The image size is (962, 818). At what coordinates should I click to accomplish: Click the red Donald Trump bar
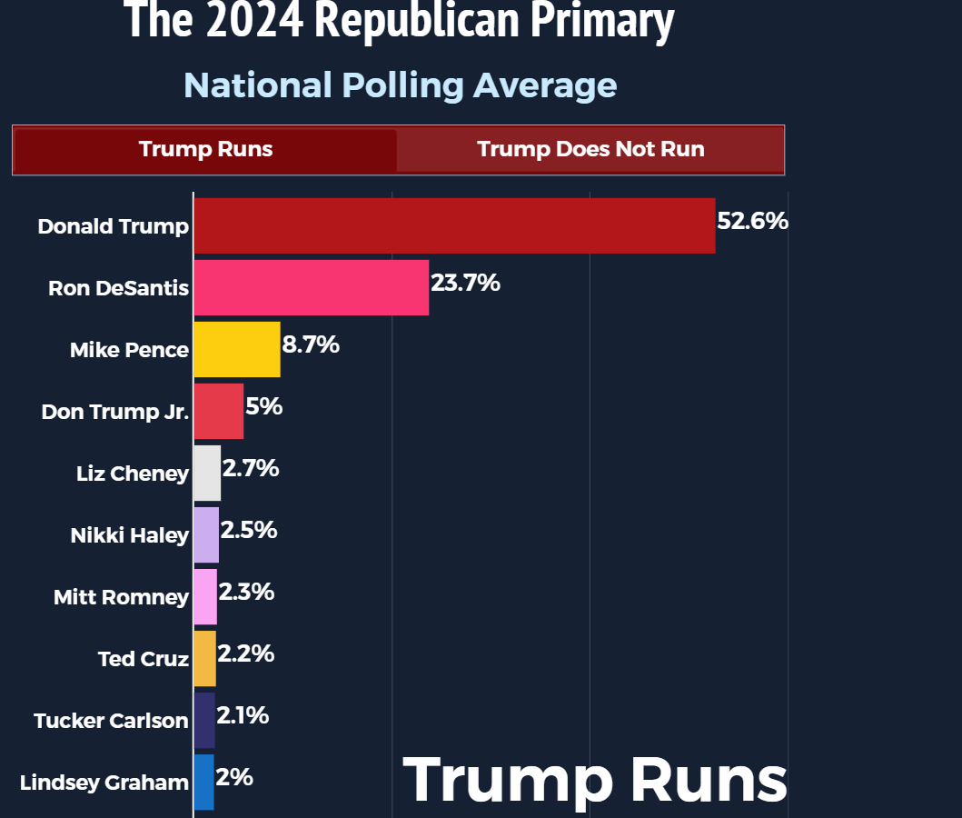[454, 225]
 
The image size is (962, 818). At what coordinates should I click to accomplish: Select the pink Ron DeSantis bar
[311, 287]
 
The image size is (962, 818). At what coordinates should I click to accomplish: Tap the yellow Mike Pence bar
[236, 349]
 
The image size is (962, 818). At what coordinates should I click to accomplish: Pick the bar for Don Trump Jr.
[218, 411]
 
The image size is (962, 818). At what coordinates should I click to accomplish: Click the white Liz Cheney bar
[207, 473]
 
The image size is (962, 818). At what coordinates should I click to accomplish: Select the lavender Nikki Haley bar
[206, 534]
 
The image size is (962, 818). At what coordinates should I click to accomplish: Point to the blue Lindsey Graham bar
[203, 782]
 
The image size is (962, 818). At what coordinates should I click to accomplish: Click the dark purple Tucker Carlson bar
[204, 720]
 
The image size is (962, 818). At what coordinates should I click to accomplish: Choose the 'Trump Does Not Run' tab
[590, 149]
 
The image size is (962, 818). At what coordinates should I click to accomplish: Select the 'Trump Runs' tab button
[205, 149]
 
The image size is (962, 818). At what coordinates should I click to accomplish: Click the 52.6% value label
[752, 221]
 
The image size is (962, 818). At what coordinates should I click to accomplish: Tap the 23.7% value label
[465, 283]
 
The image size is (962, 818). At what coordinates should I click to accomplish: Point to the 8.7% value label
[311, 344]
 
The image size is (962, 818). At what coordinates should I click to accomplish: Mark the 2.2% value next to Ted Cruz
[246, 653]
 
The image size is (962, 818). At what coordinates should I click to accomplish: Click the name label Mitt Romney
[121, 597]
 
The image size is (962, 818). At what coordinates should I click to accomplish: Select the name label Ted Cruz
[144, 659]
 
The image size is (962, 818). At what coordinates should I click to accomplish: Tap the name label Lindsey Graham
[104, 783]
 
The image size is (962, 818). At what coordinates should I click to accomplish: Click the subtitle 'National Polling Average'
[400, 85]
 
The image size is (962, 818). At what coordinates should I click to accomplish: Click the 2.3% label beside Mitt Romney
[246, 592]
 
